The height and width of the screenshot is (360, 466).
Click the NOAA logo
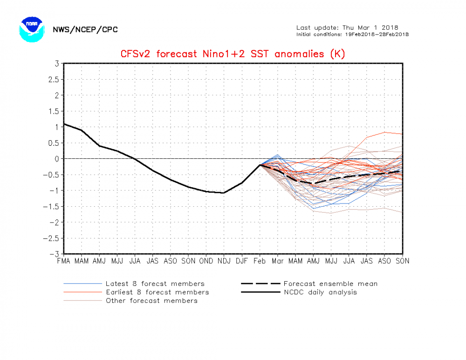[x=31, y=29]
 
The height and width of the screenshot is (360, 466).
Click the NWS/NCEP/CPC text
[x=85, y=30]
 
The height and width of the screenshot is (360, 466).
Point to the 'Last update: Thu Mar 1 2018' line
[x=347, y=27]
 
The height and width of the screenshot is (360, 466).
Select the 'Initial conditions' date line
[x=352, y=34]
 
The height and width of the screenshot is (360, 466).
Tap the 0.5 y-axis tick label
[x=53, y=143]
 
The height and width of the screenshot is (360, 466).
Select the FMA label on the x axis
[x=63, y=261]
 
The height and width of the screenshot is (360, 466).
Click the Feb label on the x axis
[x=260, y=261]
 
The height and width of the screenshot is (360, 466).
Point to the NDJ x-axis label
[x=224, y=261]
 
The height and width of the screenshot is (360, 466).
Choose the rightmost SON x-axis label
[x=402, y=261]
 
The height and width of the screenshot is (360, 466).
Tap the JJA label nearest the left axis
[x=135, y=261]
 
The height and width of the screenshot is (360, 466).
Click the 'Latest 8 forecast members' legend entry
[x=155, y=284]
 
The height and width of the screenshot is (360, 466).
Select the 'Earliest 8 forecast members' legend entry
[x=157, y=292]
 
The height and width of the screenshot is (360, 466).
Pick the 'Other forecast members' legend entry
[x=151, y=300]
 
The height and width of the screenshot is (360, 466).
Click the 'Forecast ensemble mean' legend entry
[x=330, y=284]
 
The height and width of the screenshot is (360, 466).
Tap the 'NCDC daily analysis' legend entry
[x=320, y=292]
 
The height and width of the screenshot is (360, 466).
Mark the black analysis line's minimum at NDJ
[x=224, y=193]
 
